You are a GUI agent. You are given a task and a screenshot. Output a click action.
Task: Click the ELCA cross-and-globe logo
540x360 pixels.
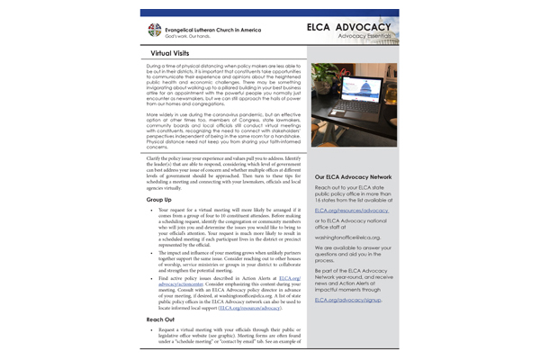click(x=153, y=31)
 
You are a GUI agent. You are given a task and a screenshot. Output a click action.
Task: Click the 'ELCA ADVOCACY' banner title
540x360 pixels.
click(x=347, y=27)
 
